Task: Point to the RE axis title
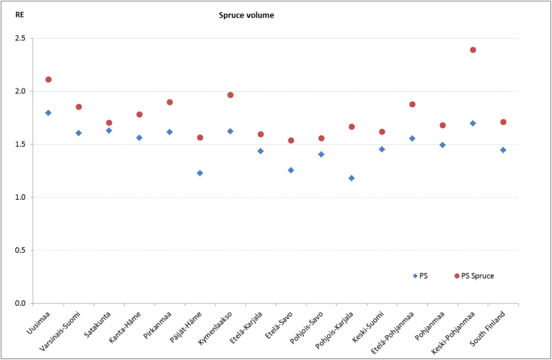point(19,14)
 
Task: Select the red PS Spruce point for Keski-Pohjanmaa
point(473,50)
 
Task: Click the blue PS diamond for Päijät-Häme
point(200,173)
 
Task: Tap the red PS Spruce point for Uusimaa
point(48,80)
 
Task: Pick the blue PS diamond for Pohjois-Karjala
point(351,178)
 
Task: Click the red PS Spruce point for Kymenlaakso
point(230,95)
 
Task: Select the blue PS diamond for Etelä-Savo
point(291,170)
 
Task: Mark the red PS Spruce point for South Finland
point(503,122)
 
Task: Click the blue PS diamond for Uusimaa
point(48,113)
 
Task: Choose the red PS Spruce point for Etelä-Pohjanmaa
point(412,105)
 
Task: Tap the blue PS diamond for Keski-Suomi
point(382,149)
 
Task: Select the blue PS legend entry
point(420,275)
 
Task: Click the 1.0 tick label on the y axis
point(20,197)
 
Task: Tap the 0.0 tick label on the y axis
point(20,304)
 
